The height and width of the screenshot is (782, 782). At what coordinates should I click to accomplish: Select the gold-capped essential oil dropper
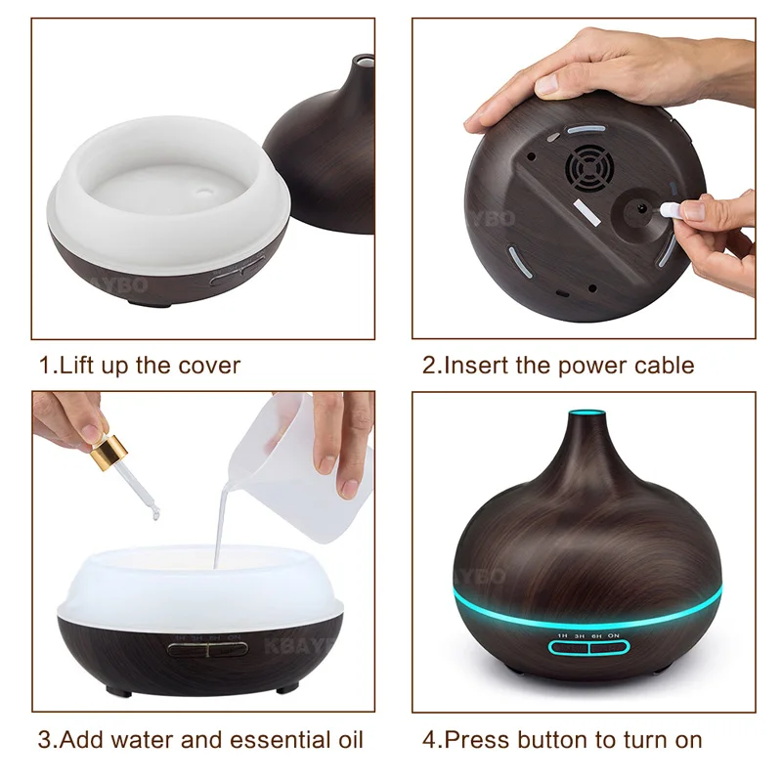110,455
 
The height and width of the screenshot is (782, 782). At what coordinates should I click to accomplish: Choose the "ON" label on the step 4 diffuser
615,635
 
